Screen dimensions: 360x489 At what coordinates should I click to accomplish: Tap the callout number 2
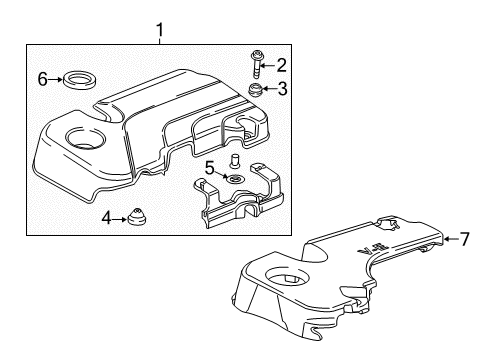(x=282, y=66)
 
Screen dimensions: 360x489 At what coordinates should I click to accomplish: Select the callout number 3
(x=282, y=89)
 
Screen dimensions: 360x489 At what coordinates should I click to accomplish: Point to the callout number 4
(x=106, y=216)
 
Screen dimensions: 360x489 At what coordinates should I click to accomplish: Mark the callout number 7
(x=463, y=238)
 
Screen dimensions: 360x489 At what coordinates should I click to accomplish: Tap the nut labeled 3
(x=256, y=92)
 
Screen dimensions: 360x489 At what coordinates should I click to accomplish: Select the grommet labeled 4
(x=135, y=216)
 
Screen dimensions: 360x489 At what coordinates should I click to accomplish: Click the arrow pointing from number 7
(x=449, y=238)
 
